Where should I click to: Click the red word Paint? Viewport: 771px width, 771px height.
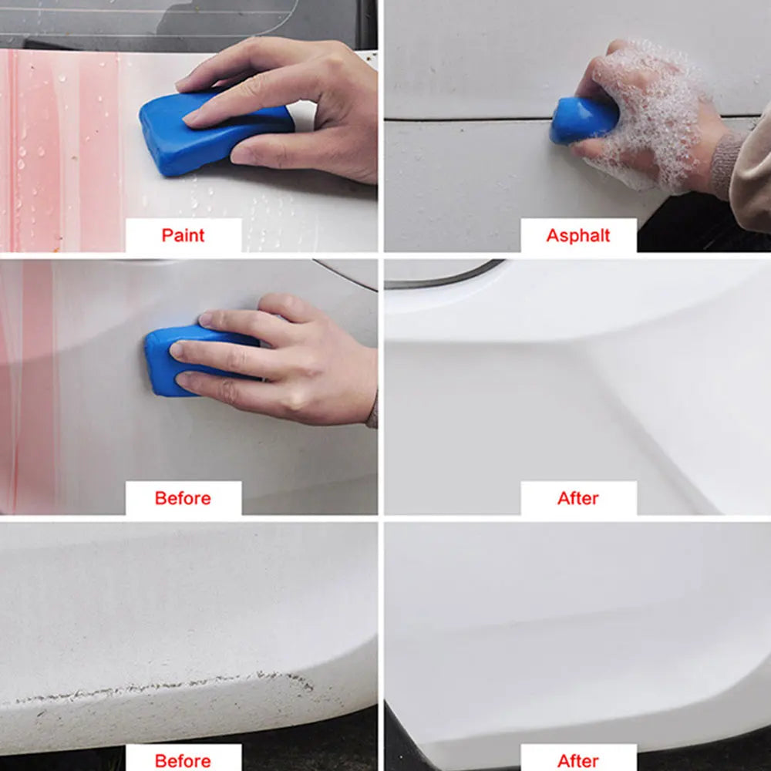pyautogui.click(x=183, y=235)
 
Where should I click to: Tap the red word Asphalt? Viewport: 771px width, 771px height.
pyautogui.click(x=578, y=235)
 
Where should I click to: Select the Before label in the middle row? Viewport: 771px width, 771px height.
pyautogui.click(x=183, y=498)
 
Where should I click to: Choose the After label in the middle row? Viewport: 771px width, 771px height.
pyautogui.click(x=578, y=498)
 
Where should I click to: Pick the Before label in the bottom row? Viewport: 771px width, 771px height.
pyautogui.click(x=183, y=761)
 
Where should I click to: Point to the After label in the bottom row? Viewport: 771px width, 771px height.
pyautogui.click(x=578, y=761)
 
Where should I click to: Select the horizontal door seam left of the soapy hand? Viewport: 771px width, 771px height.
pyautogui.click(x=467, y=120)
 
